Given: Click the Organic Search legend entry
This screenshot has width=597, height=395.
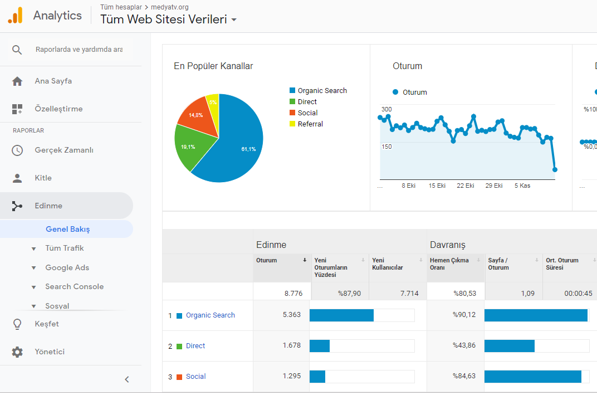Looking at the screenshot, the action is pyautogui.click(x=319, y=91).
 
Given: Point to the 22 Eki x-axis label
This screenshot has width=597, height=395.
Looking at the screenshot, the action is pyautogui.click(x=465, y=186).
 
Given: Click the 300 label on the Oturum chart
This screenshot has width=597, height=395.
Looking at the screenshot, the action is pyautogui.click(x=386, y=109).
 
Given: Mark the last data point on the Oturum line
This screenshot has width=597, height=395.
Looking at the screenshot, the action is pyautogui.click(x=555, y=169).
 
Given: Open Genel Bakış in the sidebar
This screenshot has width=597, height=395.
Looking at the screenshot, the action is pyautogui.click(x=68, y=229).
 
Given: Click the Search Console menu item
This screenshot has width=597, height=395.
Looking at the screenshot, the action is pyautogui.click(x=74, y=286).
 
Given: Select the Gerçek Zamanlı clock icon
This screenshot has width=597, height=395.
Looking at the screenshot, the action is pyautogui.click(x=17, y=150).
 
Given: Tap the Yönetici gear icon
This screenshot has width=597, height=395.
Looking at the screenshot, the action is pyautogui.click(x=17, y=352).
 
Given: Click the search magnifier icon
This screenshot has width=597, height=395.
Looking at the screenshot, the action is pyautogui.click(x=17, y=50).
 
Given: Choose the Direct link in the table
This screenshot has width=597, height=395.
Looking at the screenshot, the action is pyautogui.click(x=195, y=346).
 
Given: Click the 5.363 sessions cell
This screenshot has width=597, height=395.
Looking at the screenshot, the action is pyautogui.click(x=292, y=315).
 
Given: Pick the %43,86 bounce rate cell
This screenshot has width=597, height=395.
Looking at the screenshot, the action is pyautogui.click(x=464, y=345).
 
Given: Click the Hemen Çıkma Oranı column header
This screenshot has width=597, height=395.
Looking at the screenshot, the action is pyautogui.click(x=449, y=264).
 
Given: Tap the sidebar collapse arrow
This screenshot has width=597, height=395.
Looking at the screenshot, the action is pyautogui.click(x=127, y=379).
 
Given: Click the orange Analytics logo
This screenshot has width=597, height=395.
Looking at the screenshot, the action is pyautogui.click(x=16, y=15).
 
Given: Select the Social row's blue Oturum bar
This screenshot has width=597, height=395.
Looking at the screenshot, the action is pyautogui.click(x=317, y=376).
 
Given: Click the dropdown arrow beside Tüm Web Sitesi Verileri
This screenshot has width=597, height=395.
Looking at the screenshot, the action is pyautogui.click(x=234, y=20).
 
